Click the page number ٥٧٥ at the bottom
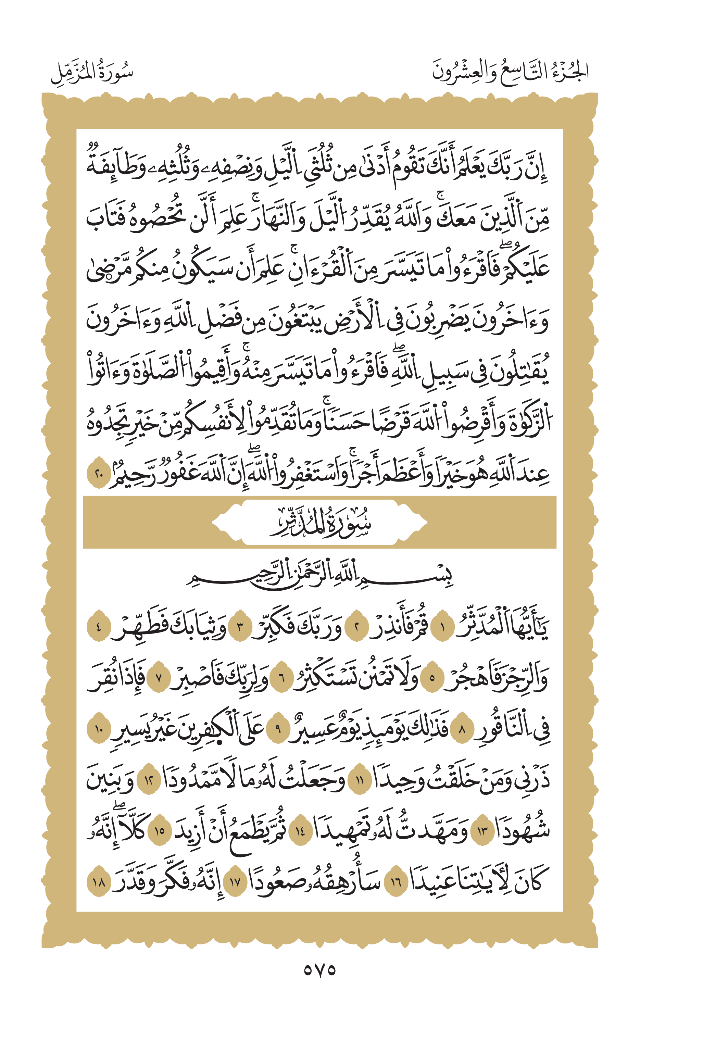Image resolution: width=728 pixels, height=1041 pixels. [319, 970]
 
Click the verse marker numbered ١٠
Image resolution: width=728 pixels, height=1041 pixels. [98, 729]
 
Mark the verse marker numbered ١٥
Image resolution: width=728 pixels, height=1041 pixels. [160, 831]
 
